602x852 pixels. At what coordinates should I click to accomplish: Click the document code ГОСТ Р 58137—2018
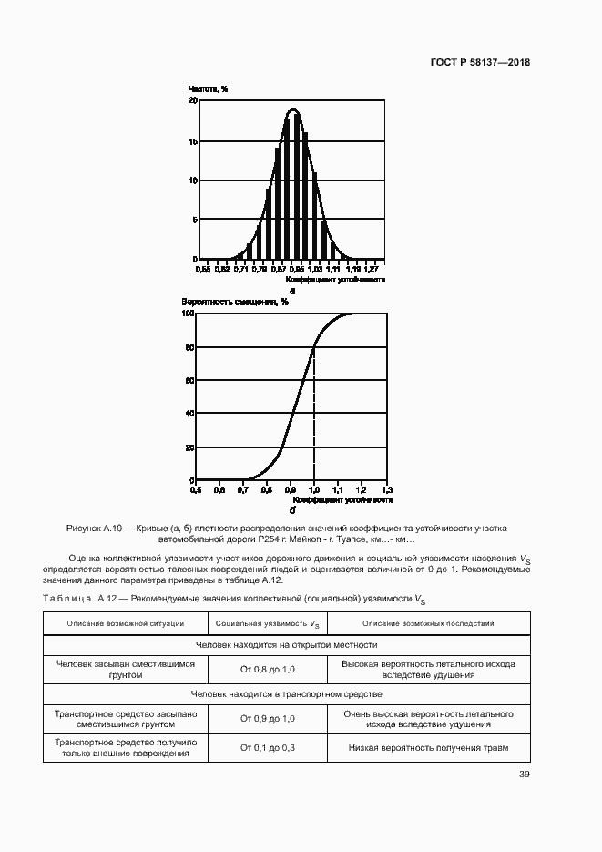[x=479, y=63]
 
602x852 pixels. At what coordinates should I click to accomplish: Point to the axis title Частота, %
[x=208, y=89]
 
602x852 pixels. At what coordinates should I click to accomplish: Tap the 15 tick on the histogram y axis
[x=192, y=141]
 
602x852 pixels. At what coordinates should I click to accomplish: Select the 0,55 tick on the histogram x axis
[x=202, y=269]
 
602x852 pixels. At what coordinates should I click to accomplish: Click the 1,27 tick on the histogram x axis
[x=372, y=269]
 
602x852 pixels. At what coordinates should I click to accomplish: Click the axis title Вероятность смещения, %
[x=235, y=302]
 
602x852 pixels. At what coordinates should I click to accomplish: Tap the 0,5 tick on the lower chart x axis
[x=197, y=490]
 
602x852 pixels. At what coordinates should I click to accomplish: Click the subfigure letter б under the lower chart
[x=292, y=510]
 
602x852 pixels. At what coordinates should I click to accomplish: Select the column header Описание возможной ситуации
[x=126, y=623]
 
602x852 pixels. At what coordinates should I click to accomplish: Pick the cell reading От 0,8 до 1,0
[x=268, y=671]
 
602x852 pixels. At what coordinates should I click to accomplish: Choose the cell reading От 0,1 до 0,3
[x=268, y=748]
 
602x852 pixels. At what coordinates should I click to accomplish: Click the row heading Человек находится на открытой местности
[x=285, y=644]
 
